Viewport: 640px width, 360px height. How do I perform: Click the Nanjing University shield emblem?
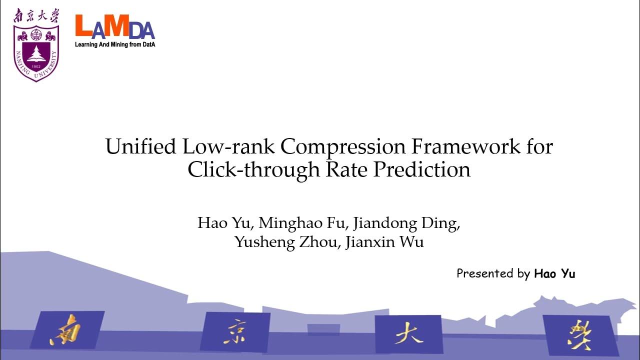(36, 53)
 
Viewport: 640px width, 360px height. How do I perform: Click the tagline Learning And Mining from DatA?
(115, 44)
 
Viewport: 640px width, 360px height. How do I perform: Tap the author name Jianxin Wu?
(384, 242)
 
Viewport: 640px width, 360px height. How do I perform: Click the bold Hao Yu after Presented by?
(554, 273)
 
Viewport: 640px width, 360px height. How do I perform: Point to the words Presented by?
(493, 273)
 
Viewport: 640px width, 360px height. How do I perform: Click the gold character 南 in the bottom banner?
(65, 329)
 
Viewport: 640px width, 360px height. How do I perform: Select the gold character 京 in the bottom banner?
(235, 330)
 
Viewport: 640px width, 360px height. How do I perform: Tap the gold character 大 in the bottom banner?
(408, 333)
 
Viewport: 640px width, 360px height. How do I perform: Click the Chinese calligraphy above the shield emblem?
(36, 16)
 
